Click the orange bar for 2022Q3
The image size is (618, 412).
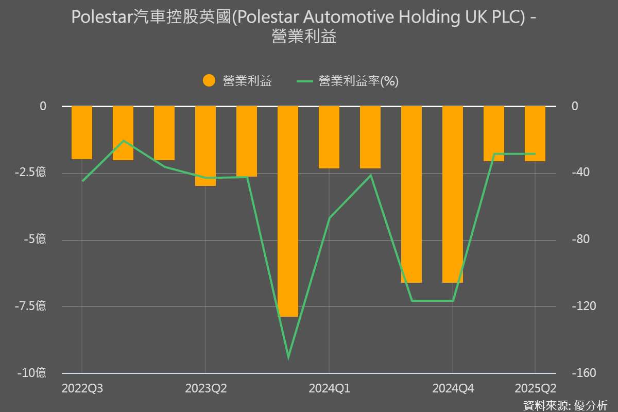pos(82,132)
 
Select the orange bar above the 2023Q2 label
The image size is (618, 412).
pos(205,146)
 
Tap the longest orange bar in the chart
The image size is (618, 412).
pos(288,211)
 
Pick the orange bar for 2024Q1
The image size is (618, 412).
pos(329,137)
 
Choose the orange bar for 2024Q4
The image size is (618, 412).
pos(453,194)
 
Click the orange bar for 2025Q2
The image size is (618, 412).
pos(535,133)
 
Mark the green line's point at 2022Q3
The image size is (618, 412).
pos(82,181)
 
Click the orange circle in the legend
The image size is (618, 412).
pos(209,81)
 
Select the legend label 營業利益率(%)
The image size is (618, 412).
pos(358,81)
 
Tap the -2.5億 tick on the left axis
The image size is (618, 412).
pos(30,173)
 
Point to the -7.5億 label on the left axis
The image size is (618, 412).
pos(30,306)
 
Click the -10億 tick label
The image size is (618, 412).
pos(32,373)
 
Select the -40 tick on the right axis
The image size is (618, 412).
pos(581,173)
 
